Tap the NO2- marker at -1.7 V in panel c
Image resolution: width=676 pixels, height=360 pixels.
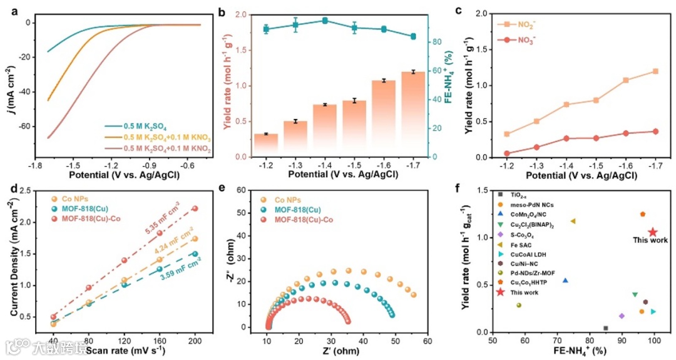click(655, 71)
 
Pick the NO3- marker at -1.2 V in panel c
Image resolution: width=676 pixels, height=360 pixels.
click(507, 153)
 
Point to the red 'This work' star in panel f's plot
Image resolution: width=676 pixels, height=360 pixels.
click(652, 232)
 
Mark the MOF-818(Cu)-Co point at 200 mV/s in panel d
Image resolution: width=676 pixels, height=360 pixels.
click(195, 208)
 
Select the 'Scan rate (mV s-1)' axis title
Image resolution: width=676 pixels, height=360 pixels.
click(119, 351)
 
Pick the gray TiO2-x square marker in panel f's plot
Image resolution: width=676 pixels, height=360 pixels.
click(605, 328)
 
